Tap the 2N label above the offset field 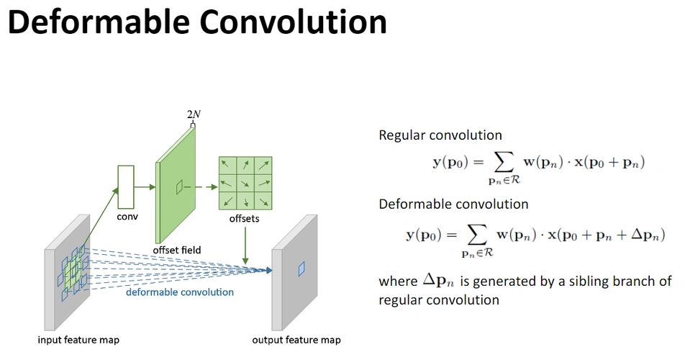193,114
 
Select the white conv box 126,186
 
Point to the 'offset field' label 176,250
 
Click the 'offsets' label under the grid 245,218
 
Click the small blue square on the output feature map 302,269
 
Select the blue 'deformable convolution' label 180,292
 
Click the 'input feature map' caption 78,340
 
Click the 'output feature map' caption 296,340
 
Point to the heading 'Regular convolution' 440,135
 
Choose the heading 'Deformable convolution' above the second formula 453,204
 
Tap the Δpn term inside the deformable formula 645,235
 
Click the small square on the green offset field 180,187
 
